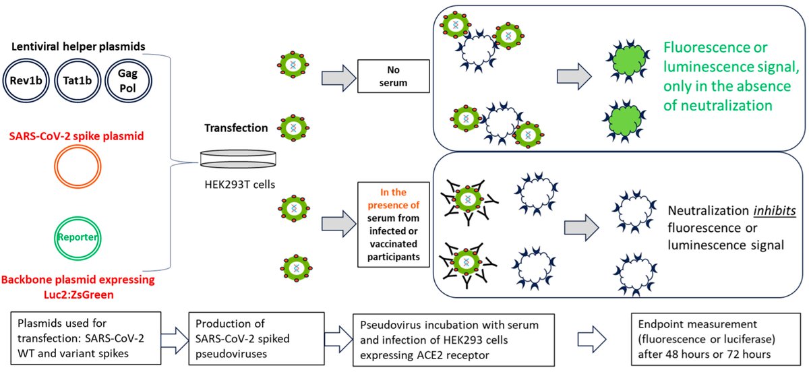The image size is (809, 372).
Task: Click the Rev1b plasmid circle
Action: point(26,59)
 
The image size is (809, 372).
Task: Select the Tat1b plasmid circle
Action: point(78,59)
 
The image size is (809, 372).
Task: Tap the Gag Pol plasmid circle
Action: point(128,59)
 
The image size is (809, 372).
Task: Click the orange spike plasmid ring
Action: point(78,146)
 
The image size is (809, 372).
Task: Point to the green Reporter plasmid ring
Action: point(78,218)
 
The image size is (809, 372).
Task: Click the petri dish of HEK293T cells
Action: point(238,159)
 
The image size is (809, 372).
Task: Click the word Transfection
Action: point(236,128)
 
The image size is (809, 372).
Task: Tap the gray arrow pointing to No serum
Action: point(338,78)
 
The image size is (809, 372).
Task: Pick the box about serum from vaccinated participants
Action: point(393,224)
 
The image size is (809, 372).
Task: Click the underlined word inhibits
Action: point(775,210)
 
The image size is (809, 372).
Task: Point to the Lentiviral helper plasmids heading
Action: point(78,46)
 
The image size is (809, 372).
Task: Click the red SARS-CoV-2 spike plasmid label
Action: point(77,136)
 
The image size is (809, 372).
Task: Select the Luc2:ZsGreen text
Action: point(79,294)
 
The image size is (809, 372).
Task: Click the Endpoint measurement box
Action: point(715,339)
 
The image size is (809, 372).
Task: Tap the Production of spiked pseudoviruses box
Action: point(256,339)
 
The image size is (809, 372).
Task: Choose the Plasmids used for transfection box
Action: point(86,338)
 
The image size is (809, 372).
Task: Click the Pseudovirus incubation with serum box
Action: point(454,340)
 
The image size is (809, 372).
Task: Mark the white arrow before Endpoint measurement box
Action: point(592,340)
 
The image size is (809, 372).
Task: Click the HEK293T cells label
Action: point(240,185)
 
